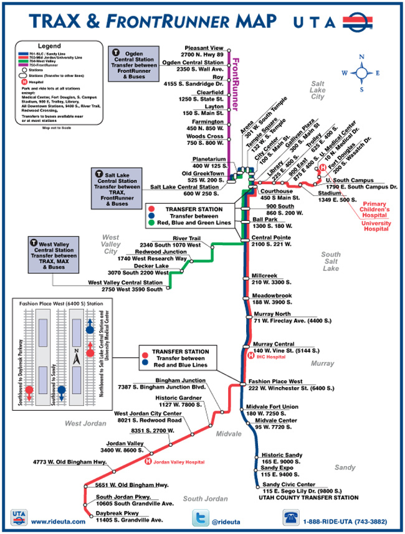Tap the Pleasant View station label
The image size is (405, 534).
click(204, 48)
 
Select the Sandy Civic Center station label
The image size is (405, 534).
click(287, 484)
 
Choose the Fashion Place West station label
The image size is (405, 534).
click(275, 380)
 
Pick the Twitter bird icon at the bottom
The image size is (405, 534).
click(201, 518)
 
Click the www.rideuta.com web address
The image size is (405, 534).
click(57, 522)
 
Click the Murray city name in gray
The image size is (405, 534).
click(322, 363)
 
